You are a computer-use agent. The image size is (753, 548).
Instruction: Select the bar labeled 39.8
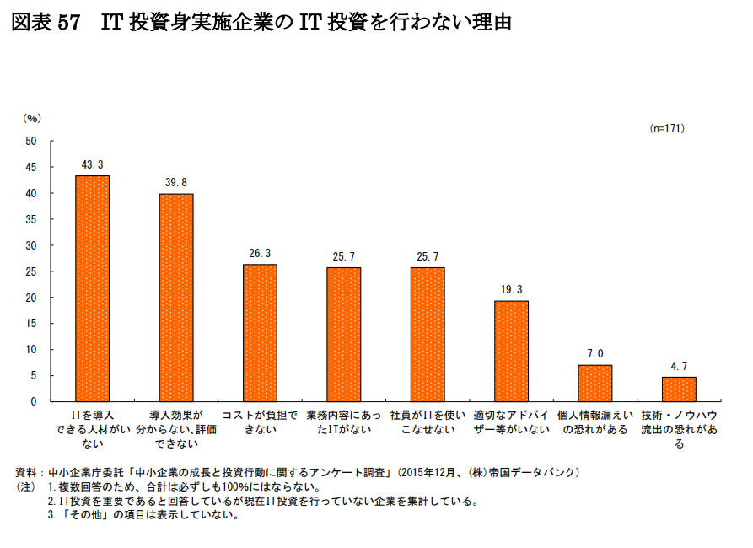(x=176, y=298)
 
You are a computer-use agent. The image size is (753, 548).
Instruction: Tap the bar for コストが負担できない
(x=260, y=333)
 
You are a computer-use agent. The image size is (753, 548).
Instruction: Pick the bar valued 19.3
(x=511, y=351)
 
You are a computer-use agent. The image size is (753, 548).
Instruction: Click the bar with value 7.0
(x=594, y=383)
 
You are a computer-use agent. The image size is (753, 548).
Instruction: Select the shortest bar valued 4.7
(x=679, y=389)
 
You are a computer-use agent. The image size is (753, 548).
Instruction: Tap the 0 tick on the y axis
(x=34, y=401)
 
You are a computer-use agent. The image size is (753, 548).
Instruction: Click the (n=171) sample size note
(x=666, y=128)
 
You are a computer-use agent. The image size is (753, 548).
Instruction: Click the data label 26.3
(x=260, y=253)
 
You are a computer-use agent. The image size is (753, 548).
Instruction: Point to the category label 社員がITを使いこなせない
(x=428, y=422)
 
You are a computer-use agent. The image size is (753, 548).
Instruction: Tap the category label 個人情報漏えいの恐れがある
(x=594, y=422)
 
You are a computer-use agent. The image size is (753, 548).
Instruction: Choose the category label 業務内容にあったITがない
(x=343, y=422)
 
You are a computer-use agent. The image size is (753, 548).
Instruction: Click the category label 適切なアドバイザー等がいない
(x=511, y=422)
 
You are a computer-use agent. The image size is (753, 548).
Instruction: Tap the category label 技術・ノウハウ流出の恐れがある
(x=679, y=429)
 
